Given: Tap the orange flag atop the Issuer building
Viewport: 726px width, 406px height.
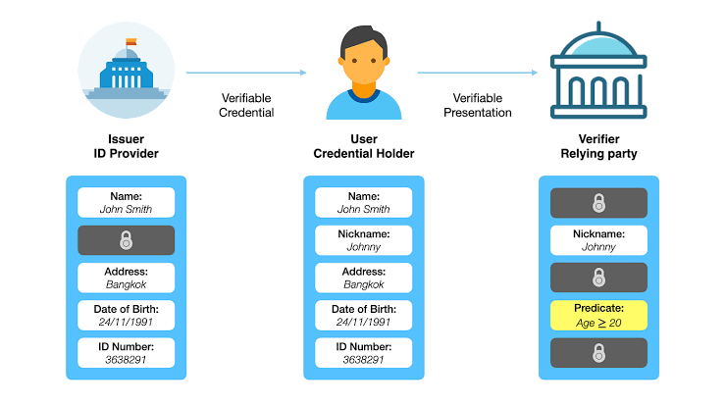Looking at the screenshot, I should pos(131,42).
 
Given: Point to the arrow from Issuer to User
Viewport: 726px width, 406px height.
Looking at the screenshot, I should pos(246,72).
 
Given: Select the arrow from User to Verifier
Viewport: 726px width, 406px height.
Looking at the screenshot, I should pos(478,72).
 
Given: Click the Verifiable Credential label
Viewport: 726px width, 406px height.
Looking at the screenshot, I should pos(246,105).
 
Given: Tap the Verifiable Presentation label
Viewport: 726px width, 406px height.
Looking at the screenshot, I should pos(478,105).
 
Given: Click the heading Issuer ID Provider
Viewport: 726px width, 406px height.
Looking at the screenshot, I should pos(126,146).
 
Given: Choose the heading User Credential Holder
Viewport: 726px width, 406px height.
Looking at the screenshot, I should pos(364,146).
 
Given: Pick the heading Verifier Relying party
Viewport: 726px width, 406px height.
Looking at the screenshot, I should pos(598,146).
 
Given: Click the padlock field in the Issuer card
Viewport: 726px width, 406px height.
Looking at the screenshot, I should pos(126,240).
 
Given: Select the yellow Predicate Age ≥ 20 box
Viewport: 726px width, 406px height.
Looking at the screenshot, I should pos(598,315).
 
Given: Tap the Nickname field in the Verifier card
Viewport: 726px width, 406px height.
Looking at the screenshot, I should pos(598,240).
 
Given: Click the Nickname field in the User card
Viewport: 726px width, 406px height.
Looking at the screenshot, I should pos(364,240).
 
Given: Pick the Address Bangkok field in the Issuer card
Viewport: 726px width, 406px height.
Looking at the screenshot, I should pos(126,278).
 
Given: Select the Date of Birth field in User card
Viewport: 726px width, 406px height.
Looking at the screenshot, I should pos(364,315).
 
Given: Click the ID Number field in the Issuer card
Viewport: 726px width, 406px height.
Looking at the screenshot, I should pos(126,352).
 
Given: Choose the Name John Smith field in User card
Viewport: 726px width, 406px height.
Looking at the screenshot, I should pos(364,203).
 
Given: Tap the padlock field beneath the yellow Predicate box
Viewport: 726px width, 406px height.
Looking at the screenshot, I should pos(598,352).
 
